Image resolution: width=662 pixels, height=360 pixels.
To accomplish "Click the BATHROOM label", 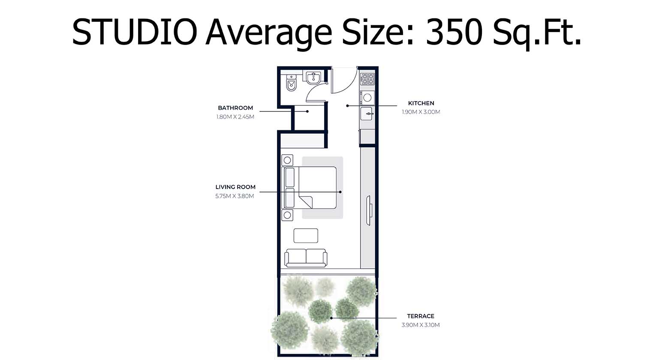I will [x=235, y=108].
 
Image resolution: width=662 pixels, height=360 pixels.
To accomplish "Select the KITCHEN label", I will [x=421, y=103].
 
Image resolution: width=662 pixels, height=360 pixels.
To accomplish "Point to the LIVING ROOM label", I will [x=235, y=187].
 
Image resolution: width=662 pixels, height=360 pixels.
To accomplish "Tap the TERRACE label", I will [x=421, y=316].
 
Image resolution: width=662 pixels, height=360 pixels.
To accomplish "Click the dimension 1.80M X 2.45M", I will [x=235, y=117].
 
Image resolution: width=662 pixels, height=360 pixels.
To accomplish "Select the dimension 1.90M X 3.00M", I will [x=421, y=112].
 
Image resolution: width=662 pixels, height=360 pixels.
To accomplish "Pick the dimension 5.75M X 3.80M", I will [x=235, y=196].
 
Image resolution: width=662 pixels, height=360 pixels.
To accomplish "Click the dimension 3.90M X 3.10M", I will [x=421, y=325].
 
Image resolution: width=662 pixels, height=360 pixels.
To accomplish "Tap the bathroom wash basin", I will [x=313, y=78].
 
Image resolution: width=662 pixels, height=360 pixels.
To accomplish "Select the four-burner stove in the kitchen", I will [x=367, y=78].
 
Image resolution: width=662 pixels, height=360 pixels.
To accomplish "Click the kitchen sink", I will [x=367, y=114].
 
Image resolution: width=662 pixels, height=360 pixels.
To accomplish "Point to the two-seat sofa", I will [x=306, y=257].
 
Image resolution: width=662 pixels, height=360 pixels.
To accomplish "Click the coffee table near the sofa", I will [x=306, y=236].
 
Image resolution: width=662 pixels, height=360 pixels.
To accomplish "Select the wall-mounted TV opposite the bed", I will [x=369, y=210].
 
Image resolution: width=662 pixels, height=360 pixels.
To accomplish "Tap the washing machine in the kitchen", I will [x=367, y=98].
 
